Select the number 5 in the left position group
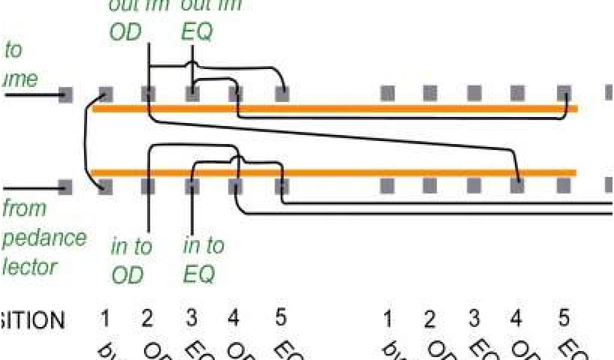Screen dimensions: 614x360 (x=280, y=318)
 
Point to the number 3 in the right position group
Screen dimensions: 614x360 (x=474, y=319)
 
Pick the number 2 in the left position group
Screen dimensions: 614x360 (x=148, y=319)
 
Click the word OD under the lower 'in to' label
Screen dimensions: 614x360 (x=128, y=275)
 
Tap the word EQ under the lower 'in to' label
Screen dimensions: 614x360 (x=199, y=275)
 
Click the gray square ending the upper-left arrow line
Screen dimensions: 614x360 (x=66, y=94)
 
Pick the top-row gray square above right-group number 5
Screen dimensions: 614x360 (x=563, y=93)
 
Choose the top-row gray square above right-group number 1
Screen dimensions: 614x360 (x=388, y=93)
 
